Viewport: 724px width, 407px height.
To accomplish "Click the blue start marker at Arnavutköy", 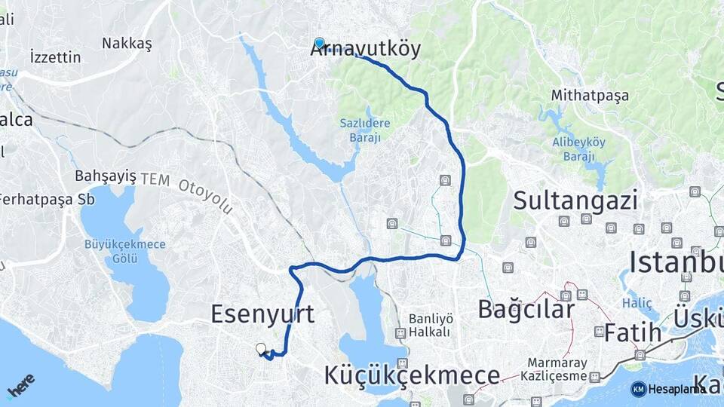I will [319, 44].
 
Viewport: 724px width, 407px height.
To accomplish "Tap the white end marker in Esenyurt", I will [261, 349].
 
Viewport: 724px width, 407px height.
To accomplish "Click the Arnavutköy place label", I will [365, 50].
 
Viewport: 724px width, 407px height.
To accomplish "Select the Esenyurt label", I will [262, 314].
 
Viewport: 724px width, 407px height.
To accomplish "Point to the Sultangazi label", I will [575, 200].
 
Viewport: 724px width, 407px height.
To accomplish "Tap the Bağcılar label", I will [526, 309].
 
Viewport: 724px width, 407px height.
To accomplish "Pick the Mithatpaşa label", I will [590, 96].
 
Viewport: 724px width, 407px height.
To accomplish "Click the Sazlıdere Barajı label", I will [360, 129].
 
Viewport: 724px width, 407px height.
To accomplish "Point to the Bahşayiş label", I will [106, 176].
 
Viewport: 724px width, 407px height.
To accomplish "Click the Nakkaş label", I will [127, 43].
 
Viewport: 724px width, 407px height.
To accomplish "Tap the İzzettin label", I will [54, 57].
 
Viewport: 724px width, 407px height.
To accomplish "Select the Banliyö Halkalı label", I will [429, 325].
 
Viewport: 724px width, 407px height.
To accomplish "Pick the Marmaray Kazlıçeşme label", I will [557, 369].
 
